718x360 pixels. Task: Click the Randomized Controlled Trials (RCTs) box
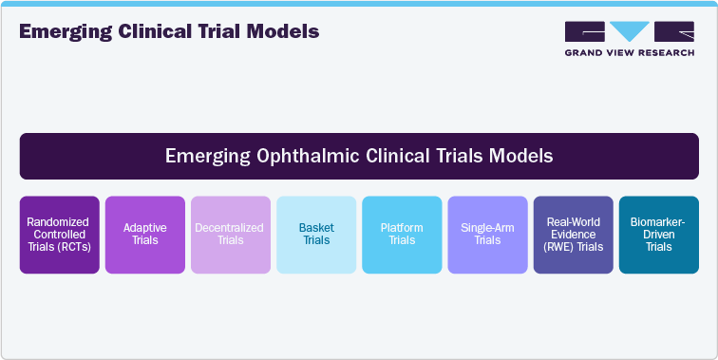[x=59, y=235]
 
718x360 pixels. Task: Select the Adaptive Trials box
[x=144, y=235]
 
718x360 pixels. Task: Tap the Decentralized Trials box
[x=230, y=235]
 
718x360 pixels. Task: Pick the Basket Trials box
[x=315, y=235]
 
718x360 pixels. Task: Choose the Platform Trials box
[x=402, y=235]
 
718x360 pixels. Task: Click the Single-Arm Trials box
[x=487, y=235]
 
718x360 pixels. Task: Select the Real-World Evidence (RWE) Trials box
[x=573, y=235]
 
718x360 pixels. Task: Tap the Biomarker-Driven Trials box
[x=658, y=235]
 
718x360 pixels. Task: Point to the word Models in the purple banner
[x=520, y=155]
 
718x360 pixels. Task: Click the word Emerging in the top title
[x=60, y=31]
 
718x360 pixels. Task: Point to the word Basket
[x=315, y=228]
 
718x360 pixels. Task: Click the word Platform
[x=402, y=228]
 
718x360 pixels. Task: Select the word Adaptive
[x=144, y=228]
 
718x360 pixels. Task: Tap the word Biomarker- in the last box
[x=658, y=222]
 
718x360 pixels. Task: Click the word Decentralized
[x=230, y=228]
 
